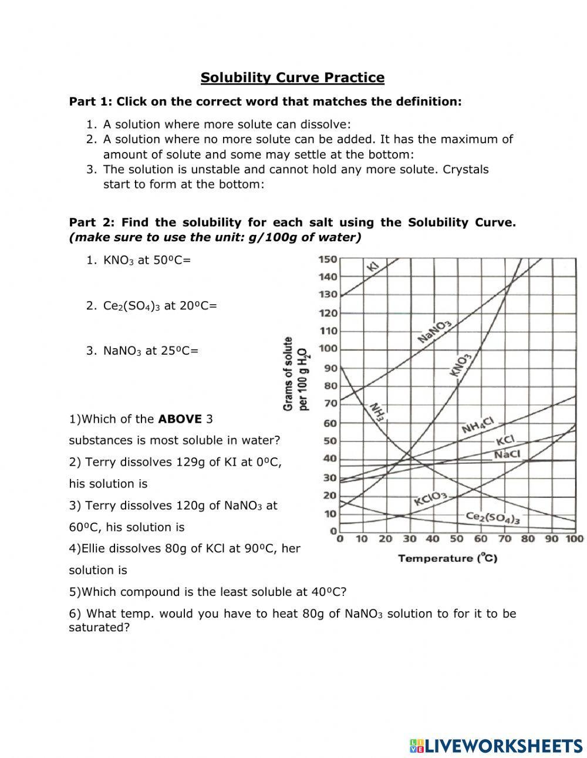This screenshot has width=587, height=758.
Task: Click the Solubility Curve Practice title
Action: coord(292,78)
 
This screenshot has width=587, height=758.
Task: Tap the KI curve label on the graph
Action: coord(373,266)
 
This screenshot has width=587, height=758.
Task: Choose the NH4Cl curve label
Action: coord(478,426)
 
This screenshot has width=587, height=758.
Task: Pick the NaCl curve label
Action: coord(507,454)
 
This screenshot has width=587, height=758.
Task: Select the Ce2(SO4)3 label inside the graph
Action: coord(492,517)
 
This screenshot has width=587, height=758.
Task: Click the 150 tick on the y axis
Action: coord(328,259)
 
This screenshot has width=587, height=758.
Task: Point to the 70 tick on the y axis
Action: coord(330,403)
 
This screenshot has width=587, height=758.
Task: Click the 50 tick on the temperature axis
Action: coord(456,539)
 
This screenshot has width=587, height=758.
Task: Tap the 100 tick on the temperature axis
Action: coord(575,539)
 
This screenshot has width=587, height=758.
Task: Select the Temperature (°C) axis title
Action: coord(447,558)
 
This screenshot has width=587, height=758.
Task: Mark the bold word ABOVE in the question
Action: coord(180,419)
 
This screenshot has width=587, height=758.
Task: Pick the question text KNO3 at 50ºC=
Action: coord(147,260)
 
